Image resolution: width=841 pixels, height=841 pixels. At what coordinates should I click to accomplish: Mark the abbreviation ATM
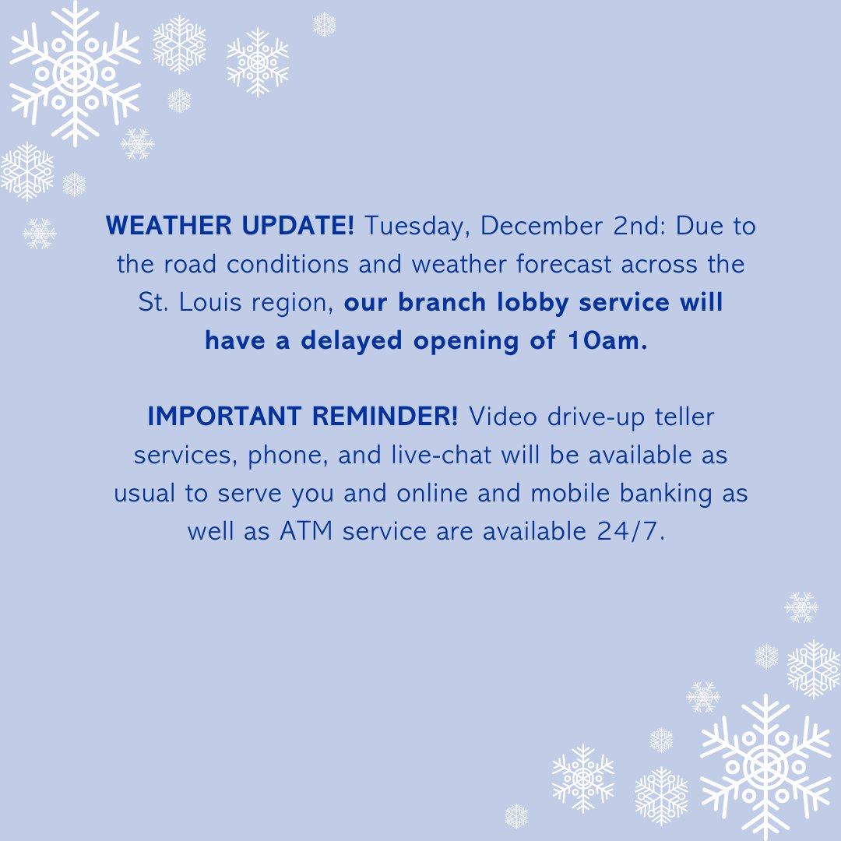click(x=308, y=531)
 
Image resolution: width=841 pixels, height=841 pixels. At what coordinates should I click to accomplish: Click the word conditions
click(x=289, y=264)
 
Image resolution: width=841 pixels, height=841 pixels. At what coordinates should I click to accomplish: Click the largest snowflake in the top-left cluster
click(x=75, y=73)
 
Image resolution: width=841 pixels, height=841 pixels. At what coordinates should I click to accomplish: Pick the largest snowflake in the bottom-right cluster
click(x=766, y=766)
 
